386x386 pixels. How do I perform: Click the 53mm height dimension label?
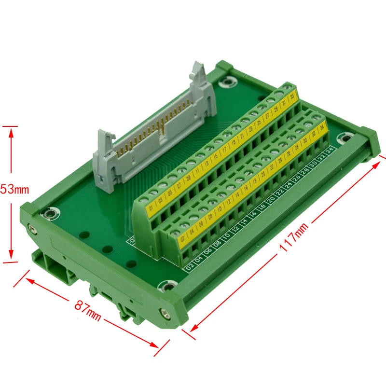(14, 190)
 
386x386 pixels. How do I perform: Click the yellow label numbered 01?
(152, 209)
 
